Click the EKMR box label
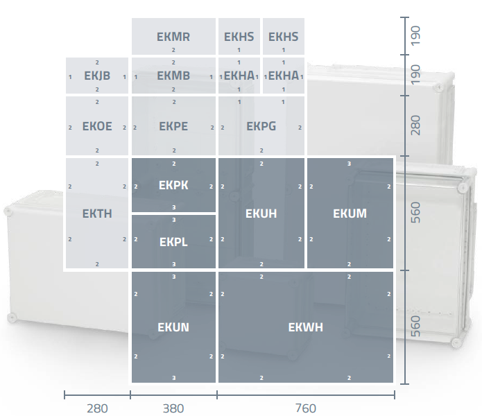tap(173, 37)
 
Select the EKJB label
tap(97, 76)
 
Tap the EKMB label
tap(173, 76)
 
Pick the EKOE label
tap(97, 126)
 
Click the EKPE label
tap(173, 126)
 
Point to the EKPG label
tap(261, 126)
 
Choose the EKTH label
tap(97, 214)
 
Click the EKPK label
tap(173, 185)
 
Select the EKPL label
tap(173, 242)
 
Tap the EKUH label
tap(261, 214)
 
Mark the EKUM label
tap(350, 214)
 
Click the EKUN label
tap(173, 327)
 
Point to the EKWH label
tap(306, 327)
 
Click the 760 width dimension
tap(306, 408)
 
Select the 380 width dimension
tap(173, 408)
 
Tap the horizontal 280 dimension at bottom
tap(97, 408)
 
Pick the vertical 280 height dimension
tap(415, 125)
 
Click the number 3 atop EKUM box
tap(350, 164)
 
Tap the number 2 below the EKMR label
tap(173, 50)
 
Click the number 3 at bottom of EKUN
tap(174, 378)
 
